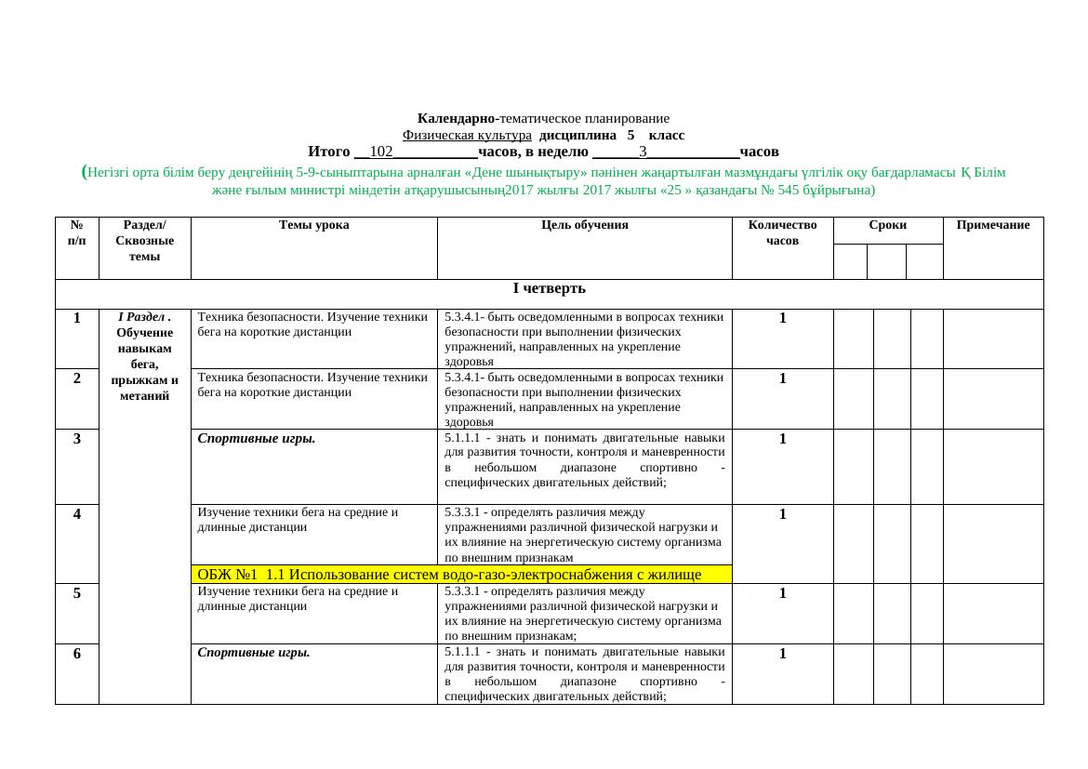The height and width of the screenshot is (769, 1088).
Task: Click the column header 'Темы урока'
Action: click(x=313, y=225)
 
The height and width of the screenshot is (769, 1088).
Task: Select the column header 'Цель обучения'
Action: click(x=584, y=225)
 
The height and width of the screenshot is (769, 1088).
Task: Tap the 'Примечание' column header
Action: click(x=992, y=225)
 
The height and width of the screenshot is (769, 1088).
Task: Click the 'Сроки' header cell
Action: click(x=888, y=225)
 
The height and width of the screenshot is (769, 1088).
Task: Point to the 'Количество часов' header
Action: click(x=782, y=232)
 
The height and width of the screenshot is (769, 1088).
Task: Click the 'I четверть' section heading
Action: click(x=549, y=287)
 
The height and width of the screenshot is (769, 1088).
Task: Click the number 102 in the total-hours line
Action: click(x=381, y=151)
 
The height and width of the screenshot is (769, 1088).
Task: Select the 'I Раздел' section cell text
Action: click(x=144, y=356)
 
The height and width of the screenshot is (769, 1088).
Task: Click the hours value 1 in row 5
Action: click(x=783, y=592)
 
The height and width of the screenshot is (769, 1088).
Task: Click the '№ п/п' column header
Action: click(x=77, y=232)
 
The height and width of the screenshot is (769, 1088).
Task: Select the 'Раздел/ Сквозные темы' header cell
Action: click(x=144, y=240)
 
